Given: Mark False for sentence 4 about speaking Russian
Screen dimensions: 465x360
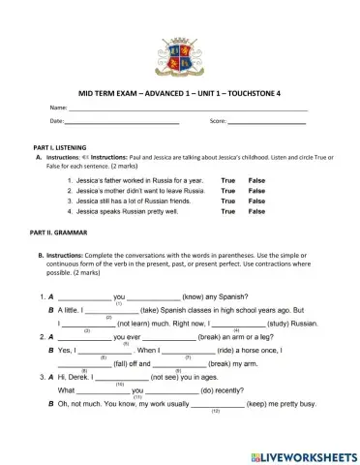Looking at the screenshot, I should click(x=256, y=211).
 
